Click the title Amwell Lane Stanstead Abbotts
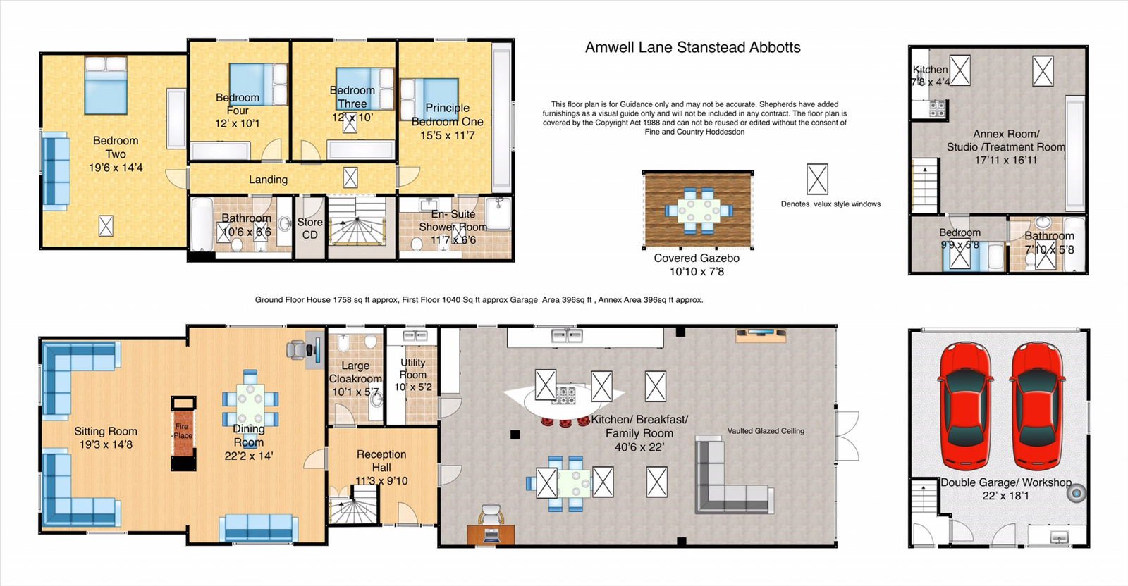point(692,47)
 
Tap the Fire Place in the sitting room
point(183,433)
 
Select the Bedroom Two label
point(116,147)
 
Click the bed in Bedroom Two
point(106,85)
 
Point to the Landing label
point(268,180)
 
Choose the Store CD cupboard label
point(309,228)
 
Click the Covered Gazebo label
point(697,258)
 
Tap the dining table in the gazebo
point(698,211)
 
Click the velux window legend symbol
point(817,179)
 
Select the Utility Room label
point(413,368)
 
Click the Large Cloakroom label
point(355,372)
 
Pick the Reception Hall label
point(381,461)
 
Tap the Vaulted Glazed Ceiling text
point(766,431)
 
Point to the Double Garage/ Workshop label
point(1006,482)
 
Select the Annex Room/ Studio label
point(1005,141)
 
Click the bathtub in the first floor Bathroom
point(202,225)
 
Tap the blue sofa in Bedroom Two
point(56,171)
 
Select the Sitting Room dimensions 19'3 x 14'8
point(106,444)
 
